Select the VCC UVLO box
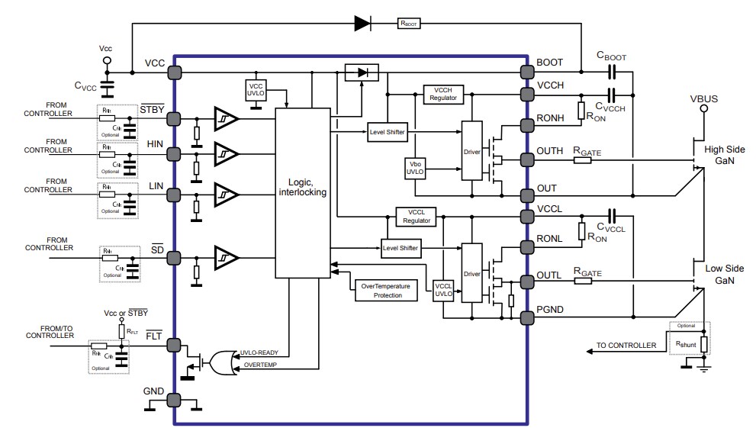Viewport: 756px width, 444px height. point(256,89)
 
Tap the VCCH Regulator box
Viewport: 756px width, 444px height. point(442,94)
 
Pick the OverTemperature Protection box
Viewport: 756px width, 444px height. point(386,290)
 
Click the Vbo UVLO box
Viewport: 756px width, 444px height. point(416,168)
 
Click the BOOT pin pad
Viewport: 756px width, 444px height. point(526,72)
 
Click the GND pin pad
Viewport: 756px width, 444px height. point(175,399)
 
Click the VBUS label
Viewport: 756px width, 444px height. point(703,99)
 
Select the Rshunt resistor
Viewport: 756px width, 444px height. point(703,344)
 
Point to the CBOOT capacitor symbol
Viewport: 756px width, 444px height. point(612,72)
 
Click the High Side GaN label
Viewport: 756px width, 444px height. point(724,155)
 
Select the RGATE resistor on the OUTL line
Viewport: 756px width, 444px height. point(584,280)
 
